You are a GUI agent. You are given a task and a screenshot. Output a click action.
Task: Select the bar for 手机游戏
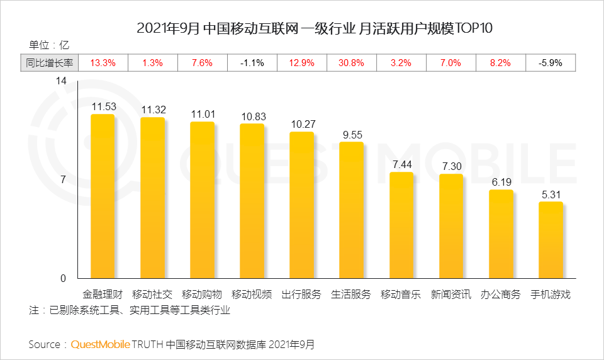tap(551, 240)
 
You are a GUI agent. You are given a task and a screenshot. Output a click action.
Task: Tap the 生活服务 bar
tap(351, 210)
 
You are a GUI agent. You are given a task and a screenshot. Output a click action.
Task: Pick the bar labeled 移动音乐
tap(401, 225)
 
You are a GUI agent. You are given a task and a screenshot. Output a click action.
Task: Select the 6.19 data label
tap(502, 182)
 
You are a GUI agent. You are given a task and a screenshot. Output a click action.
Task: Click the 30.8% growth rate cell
tap(351, 63)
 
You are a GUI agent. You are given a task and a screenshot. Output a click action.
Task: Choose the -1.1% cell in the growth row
tap(252, 63)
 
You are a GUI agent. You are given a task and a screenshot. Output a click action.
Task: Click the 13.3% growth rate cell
tap(103, 63)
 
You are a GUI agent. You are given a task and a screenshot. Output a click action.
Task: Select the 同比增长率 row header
tap(50, 63)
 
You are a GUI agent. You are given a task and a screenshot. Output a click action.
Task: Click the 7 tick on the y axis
tap(64, 180)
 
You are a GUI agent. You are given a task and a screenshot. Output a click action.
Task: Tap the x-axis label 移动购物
tap(202, 295)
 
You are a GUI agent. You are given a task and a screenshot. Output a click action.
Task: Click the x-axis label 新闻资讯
tap(450, 295)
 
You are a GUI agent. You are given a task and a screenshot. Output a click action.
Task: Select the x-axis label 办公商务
tap(501, 295)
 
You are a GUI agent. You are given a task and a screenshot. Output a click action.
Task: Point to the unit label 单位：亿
tap(48, 45)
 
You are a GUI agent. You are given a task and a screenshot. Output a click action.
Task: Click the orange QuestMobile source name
tap(101, 344)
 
